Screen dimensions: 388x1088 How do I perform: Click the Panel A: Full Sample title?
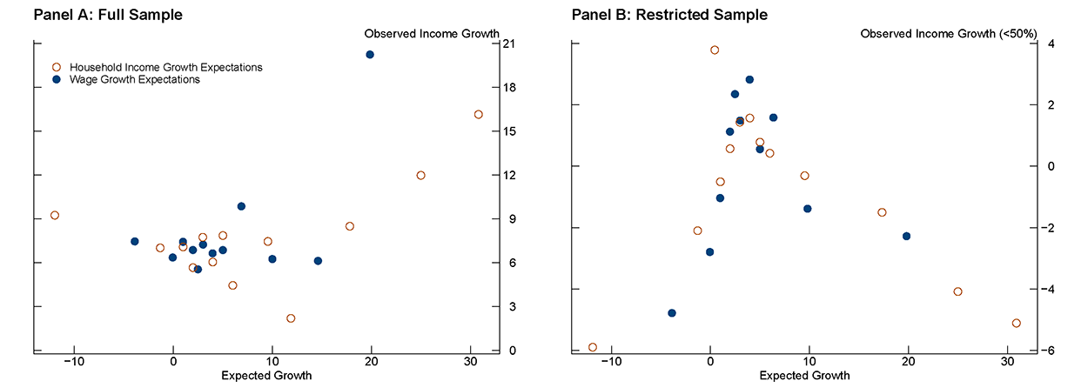pos(114,15)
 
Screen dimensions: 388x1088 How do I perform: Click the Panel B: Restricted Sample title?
pos(656,15)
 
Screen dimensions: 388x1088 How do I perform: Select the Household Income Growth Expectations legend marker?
pos(57,67)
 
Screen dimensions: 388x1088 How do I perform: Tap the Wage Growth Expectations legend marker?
pos(57,79)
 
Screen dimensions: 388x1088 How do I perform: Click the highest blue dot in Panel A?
pos(370,55)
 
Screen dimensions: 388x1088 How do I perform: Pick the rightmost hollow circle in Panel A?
pos(478,115)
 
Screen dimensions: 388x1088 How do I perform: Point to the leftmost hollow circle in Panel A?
pos(55,216)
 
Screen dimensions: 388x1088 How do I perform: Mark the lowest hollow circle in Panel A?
pos(291,318)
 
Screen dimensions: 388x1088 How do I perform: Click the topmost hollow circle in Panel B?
pos(715,50)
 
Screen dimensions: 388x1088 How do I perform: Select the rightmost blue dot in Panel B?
pos(906,236)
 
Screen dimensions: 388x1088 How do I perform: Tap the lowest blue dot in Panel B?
pos(671,313)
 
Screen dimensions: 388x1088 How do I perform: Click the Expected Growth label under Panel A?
pos(266,376)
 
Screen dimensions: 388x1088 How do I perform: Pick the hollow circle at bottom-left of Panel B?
pos(593,347)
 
